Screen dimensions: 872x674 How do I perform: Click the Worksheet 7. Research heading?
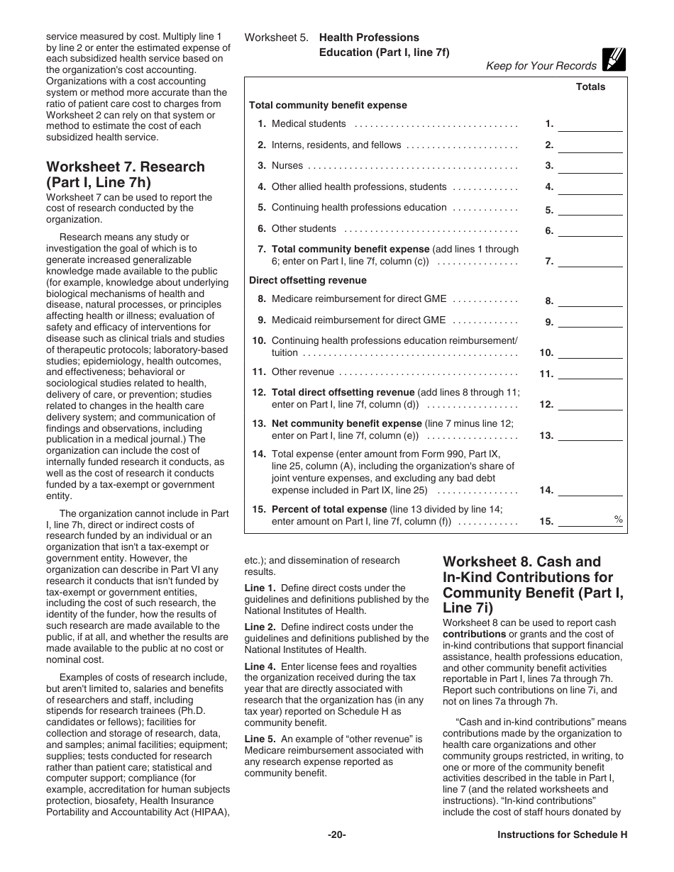125,174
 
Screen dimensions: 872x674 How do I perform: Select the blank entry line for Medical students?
590,125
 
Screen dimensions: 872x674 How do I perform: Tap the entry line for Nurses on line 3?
590,167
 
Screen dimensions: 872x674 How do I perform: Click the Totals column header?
590,86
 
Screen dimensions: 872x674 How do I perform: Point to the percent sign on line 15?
619,520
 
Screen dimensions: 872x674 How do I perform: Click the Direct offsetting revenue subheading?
298,280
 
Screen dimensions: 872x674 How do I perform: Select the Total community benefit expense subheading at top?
328,105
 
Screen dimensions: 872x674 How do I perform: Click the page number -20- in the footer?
337,834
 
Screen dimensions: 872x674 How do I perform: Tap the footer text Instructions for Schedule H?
563,834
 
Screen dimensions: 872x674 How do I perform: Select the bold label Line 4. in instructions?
260,666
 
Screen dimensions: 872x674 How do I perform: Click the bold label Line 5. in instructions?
260,739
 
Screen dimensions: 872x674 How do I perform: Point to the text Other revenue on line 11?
302,371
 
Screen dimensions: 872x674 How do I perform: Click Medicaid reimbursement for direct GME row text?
358,320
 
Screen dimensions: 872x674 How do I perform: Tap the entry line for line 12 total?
590,406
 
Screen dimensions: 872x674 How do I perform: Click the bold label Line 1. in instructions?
260,588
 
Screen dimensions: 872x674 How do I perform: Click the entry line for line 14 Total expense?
590,491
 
